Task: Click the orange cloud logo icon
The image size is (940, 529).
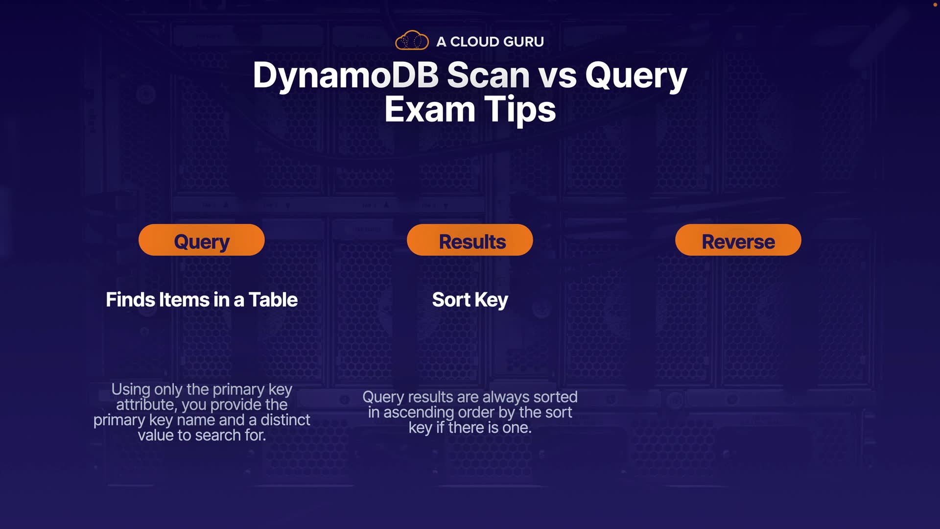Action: [x=412, y=40]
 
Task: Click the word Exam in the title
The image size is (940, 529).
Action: [x=429, y=109]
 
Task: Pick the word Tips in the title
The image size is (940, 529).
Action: [x=520, y=110]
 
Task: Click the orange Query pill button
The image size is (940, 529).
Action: [x=202, y=240]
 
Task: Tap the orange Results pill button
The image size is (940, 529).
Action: [x=470, y=240]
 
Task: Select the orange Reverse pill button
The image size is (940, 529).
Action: [x=738, y=240]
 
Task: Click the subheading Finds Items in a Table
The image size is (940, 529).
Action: [x=202, y=300]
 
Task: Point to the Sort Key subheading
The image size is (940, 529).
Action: [x=470, y=300]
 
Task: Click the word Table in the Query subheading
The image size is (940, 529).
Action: [x=273, y=300]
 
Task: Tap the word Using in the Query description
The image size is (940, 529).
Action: [x=131, y=390]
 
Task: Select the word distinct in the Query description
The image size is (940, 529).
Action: [x=285, y=420]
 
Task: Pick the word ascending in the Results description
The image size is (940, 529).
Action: [x=419, y=413]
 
